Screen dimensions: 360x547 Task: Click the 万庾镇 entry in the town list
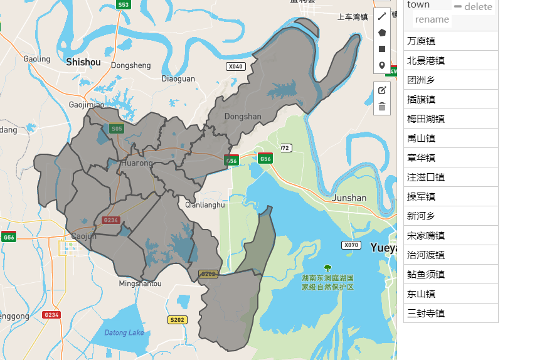422,41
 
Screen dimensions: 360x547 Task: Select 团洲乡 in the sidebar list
422,80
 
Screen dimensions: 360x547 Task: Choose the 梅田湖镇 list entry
427,119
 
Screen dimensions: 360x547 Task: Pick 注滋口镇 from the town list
427,177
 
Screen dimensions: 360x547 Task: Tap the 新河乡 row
422,216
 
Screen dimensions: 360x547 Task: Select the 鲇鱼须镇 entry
427,274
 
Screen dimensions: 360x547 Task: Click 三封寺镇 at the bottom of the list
427,313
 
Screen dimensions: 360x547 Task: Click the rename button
432,19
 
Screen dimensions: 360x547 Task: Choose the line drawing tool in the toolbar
381,16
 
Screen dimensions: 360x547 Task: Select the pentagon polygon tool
381,33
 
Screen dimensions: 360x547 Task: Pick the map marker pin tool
381,65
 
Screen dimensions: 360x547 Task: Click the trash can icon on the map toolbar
381,107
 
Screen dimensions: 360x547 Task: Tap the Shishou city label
83,62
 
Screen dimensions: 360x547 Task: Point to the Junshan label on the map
349,198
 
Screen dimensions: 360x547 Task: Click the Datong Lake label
124,332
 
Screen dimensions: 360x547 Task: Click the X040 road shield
235,66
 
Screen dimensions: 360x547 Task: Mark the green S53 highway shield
124,5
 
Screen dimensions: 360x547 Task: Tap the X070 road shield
351,245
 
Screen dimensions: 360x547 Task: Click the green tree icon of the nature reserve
327,268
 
